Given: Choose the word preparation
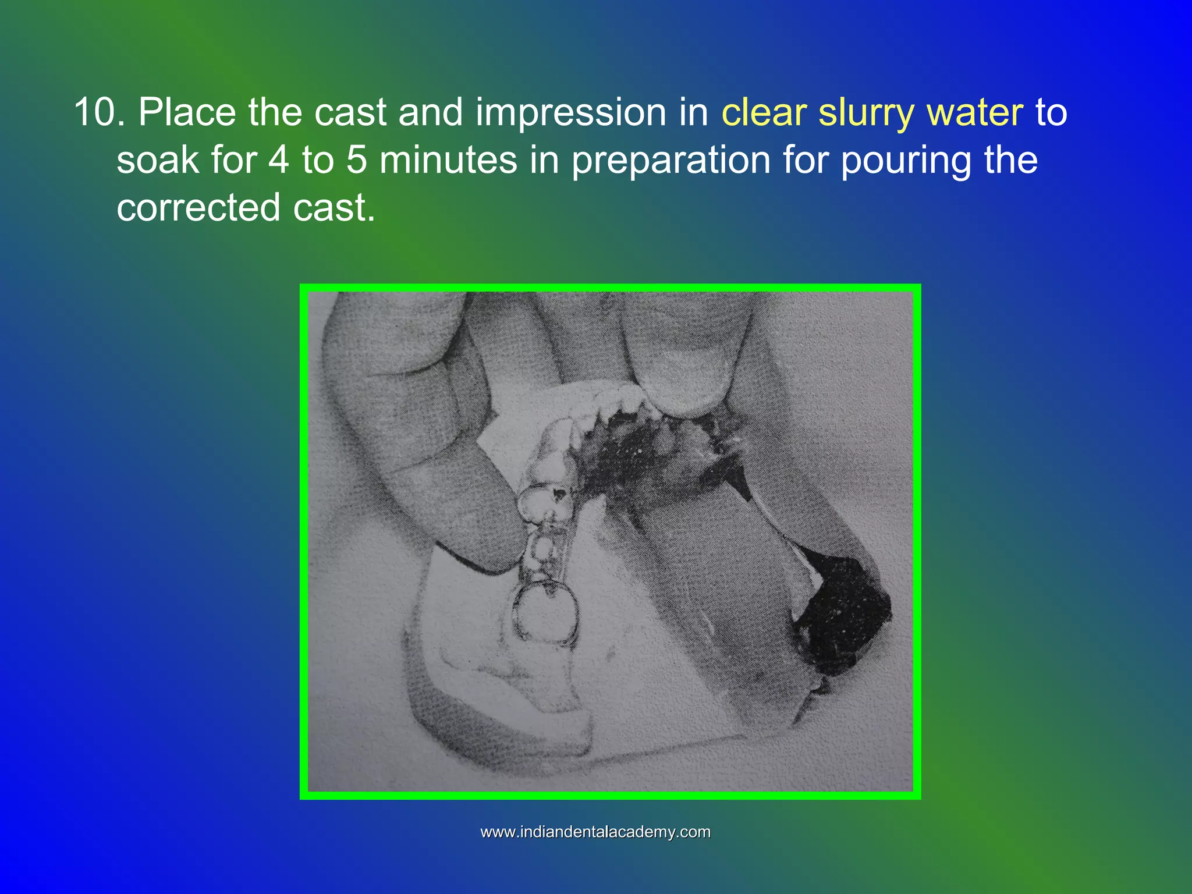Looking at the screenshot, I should (671, 161).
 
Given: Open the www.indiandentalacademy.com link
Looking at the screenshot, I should (595, 832).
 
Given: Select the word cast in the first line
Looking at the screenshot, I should (350, 112).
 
